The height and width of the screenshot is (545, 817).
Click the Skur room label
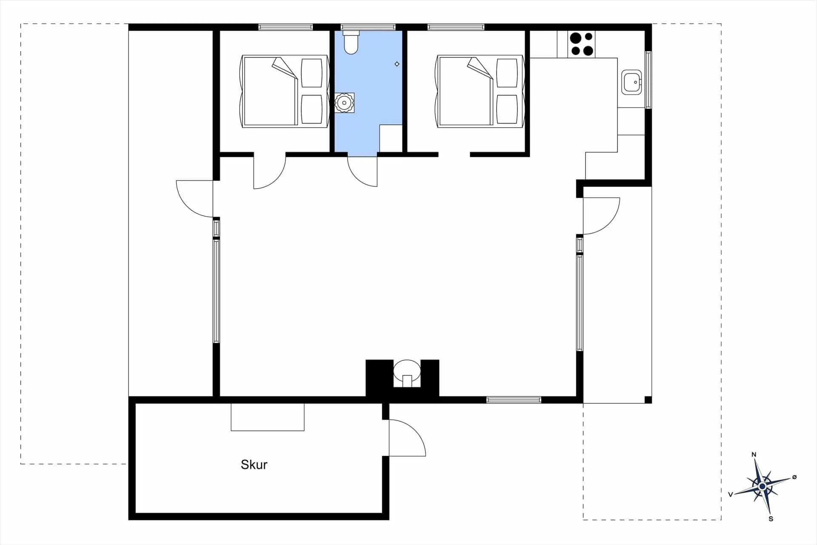tap(254, 465)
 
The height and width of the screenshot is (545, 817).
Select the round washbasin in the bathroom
tap(344, 103)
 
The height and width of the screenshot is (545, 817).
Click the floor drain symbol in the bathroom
tap(397, 64)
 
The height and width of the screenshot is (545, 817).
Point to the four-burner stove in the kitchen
tap(582, 44)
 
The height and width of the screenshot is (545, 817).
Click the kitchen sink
tap(631, 82)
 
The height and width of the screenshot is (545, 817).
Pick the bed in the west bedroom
tap(285, 91)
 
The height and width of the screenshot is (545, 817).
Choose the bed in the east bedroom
tap(480, 91)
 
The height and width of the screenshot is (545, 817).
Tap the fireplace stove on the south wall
tap(407, 373)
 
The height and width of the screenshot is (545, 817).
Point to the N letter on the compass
tap(754, 455)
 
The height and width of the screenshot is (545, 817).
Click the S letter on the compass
tap(771, 519)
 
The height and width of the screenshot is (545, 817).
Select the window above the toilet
tap(368, 27)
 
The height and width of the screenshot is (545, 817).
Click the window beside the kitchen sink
tap(648, 80)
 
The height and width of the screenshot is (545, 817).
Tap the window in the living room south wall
tap(514, 400)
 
